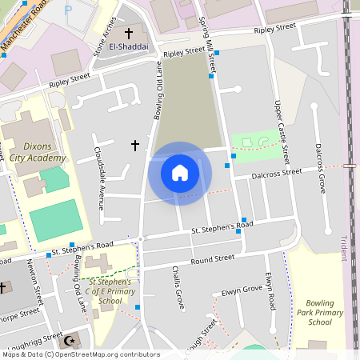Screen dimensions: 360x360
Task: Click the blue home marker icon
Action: [x=180, y=173]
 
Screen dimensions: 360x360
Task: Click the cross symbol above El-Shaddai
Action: [x=128, y=34]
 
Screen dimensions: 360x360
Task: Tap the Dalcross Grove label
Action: [x=319, y=168]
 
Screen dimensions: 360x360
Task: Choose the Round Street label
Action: [x=212, y=259]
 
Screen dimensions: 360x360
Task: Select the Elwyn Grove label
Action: [x=242, y=289]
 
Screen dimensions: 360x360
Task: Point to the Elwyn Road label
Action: [x=270, y=292]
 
